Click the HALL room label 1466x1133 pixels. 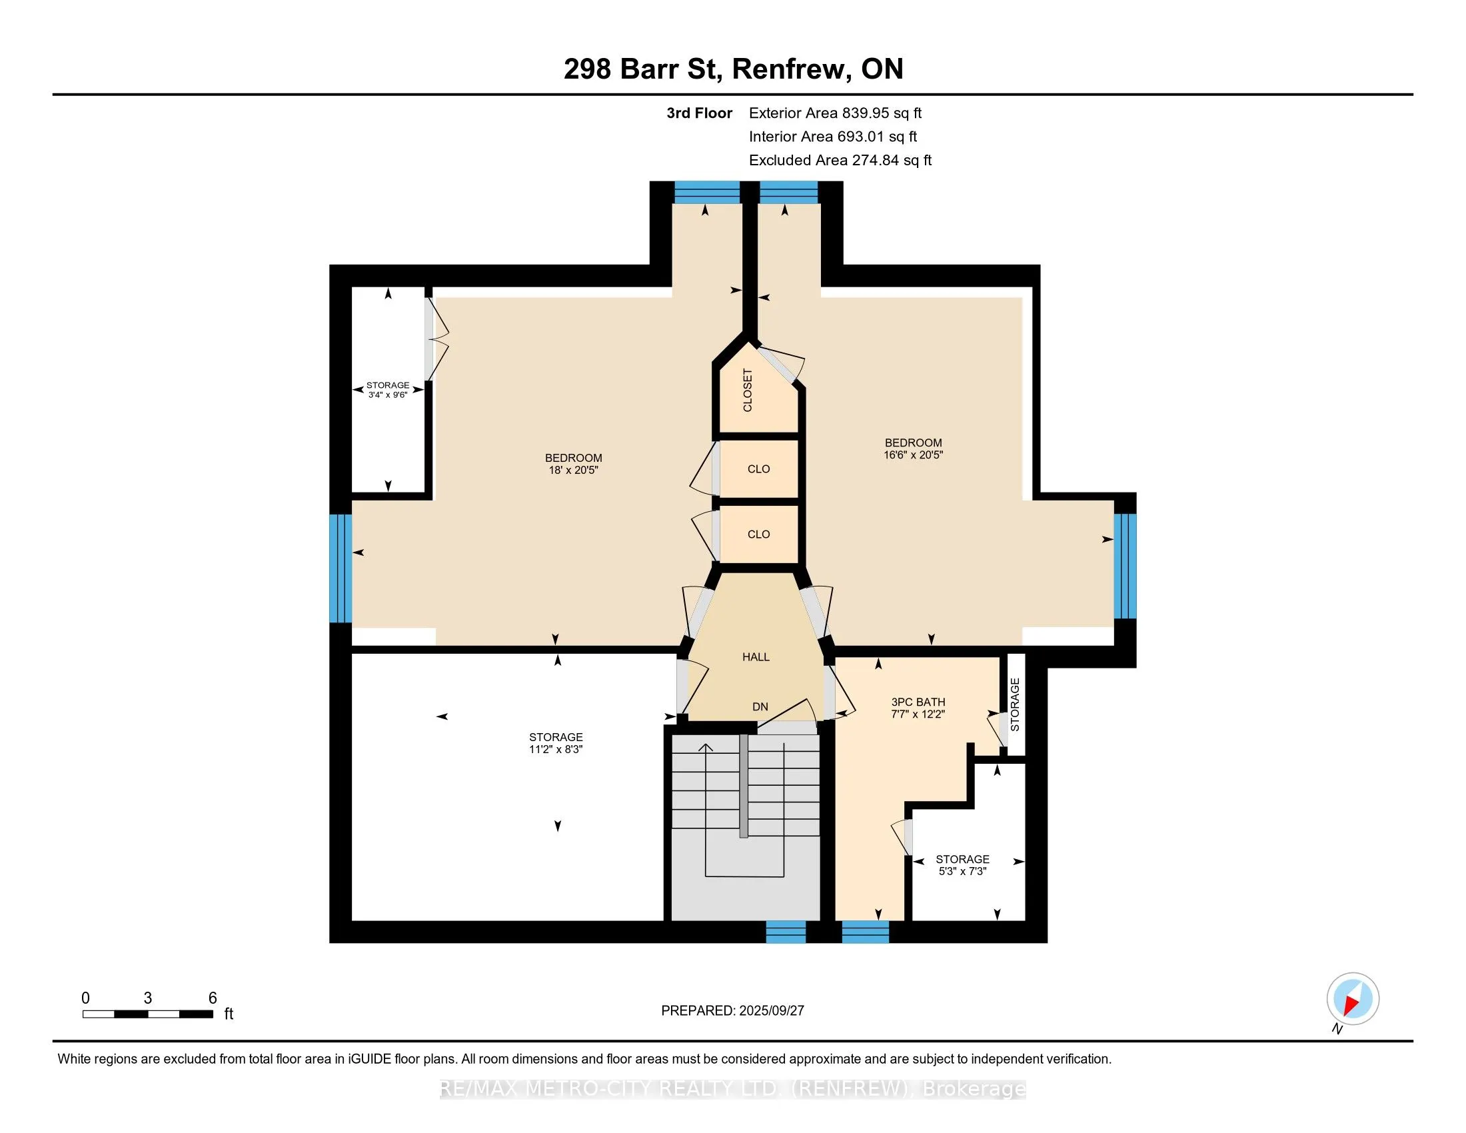point(756,657)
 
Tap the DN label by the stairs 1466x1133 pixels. point(760,706)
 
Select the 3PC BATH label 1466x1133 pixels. point(918,702)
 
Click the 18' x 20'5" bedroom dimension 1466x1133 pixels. point(573,471)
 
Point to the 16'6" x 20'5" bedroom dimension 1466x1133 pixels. point(913,455)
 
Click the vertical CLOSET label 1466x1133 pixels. point(748,390)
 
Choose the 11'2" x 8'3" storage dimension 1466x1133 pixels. point(556,750)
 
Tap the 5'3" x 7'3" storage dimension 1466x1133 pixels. point(963,872)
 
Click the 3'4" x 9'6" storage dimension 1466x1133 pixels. point(388,395)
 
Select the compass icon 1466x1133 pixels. point(1353,999)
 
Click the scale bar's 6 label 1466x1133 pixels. point(212,998)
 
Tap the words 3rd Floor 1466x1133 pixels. point(700,113)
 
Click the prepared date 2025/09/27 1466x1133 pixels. point(771,1011)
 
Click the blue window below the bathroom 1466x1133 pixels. point(865,932)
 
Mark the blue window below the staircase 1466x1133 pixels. point(786,932)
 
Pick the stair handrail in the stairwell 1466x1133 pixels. point(744,786)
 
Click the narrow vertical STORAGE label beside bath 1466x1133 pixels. point(1015,704)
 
